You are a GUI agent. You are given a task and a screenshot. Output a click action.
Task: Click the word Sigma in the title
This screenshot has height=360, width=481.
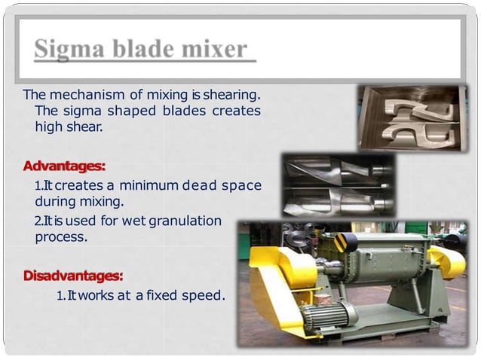tap(69, 50)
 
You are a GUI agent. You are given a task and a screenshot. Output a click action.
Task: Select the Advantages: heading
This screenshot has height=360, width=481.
tap(64, 164)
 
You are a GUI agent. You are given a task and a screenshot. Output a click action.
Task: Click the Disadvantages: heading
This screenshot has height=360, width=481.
tap(73, 276)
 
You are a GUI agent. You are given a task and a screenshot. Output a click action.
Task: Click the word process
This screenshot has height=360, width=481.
tap(60, 236)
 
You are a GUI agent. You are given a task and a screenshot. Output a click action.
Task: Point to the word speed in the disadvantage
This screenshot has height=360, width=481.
tap(204, 295)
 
